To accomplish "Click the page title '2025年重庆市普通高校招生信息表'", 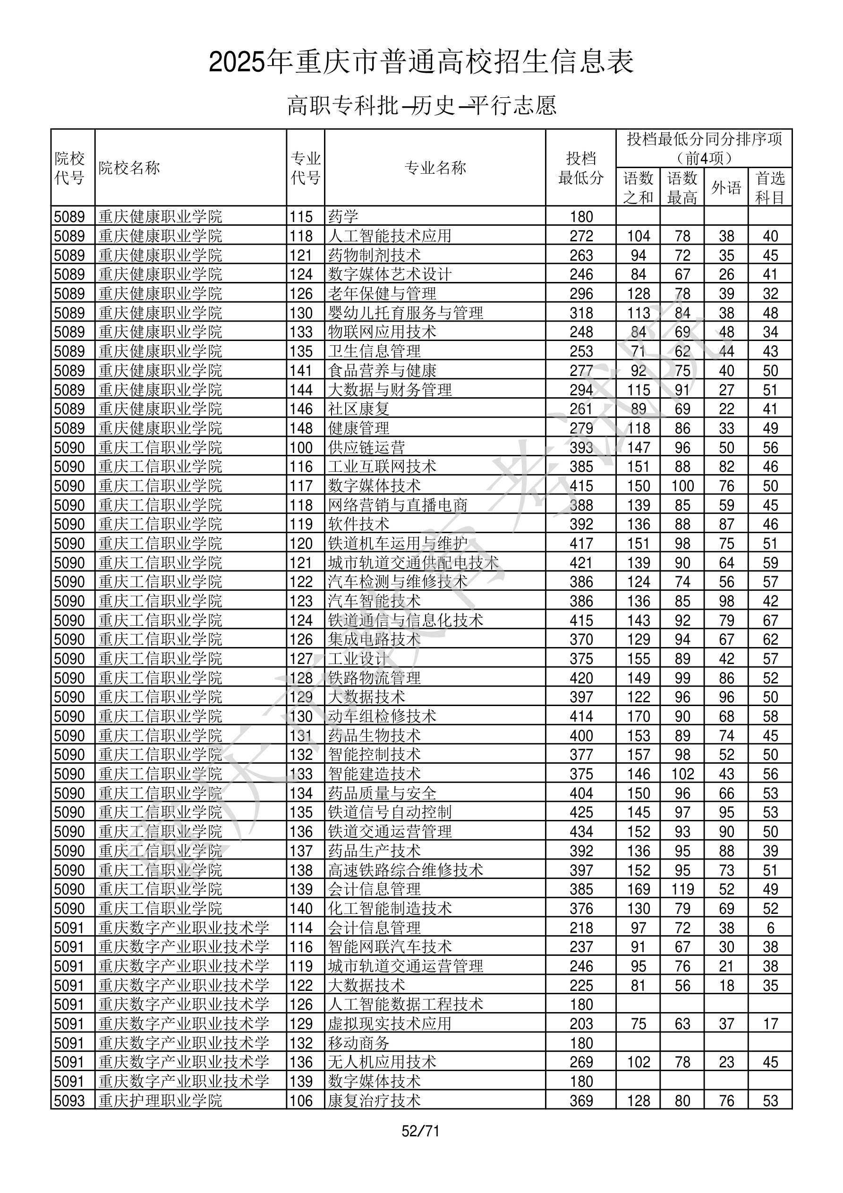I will (421, 62).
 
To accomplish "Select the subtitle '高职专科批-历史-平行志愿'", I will (421, 105).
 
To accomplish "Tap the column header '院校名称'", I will (129, 168).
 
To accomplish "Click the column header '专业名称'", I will (435, 168).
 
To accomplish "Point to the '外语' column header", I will (726, 187).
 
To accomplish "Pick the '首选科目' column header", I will (770, 187).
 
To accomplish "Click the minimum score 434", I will (580, 832).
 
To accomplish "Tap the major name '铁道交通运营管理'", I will (390, 832).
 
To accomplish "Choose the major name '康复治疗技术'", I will (374, 1101).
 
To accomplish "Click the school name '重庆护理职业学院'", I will (161, 1101).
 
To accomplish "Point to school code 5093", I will (69, 1101).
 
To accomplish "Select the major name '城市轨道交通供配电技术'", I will (413, 562).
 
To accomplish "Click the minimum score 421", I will (580, 562).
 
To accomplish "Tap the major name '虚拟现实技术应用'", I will (390, 1024).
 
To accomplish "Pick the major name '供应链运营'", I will (366, 447).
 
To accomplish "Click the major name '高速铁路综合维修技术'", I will (405, 870).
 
